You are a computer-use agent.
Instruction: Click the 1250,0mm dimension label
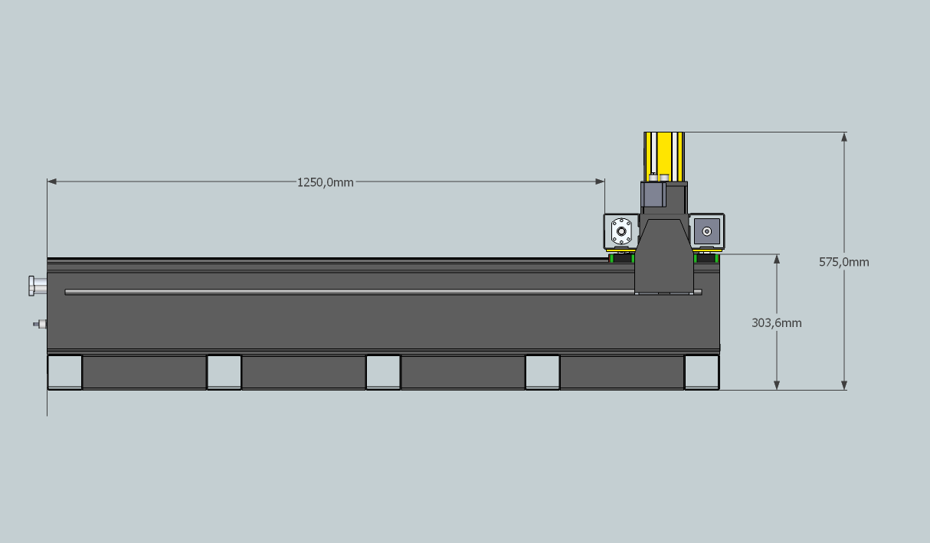[x=325, y=183]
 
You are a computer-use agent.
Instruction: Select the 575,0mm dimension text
[x=843, y=262]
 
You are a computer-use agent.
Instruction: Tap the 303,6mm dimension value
[x=776, y=323]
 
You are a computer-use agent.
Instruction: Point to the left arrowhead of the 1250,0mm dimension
[x=52, y=182]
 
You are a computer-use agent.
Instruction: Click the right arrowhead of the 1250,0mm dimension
[x=600, y=182]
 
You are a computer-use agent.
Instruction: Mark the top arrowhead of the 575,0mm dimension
[x=844, y=137]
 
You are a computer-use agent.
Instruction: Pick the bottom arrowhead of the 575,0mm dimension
[x=844, y=385]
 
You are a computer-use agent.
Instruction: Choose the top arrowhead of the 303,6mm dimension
[x=777, y=259]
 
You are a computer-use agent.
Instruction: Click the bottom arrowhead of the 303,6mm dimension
[x=777, y=385]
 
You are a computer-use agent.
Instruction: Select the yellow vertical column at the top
[x=664, y=156]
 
